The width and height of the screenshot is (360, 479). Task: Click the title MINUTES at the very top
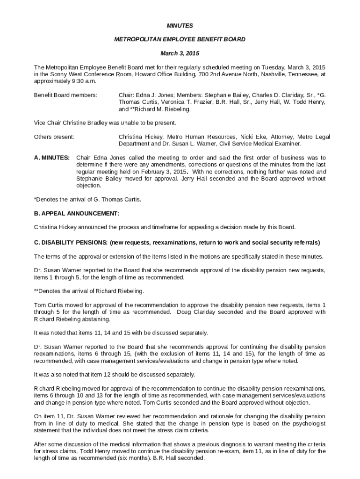180,25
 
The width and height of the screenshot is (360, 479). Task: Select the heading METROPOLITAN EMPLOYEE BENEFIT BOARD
180,39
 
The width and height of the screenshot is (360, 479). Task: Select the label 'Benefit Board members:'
65,95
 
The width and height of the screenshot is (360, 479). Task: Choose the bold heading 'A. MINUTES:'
52,158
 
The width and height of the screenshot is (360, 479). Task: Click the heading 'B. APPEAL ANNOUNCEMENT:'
77,213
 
